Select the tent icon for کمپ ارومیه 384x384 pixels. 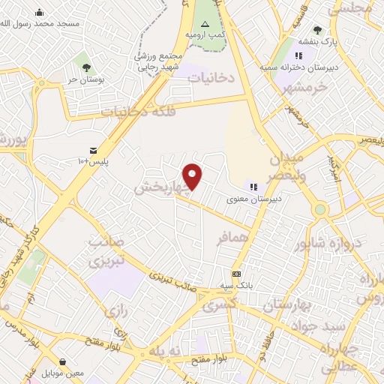point(205,24)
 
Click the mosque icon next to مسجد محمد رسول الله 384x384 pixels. point(39,12)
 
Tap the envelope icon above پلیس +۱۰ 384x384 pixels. point(93,150)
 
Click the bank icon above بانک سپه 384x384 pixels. point(236,274)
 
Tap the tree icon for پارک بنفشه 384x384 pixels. point(317,31)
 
